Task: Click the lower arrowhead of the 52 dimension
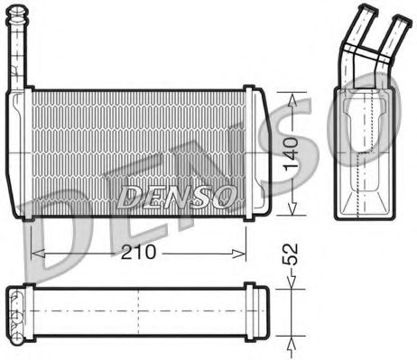click(291, 339)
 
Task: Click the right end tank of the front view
click(252, 153)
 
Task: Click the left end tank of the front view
click(23, 153)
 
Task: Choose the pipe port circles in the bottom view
click(15, 313)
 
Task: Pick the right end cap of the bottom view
click(256, 312)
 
